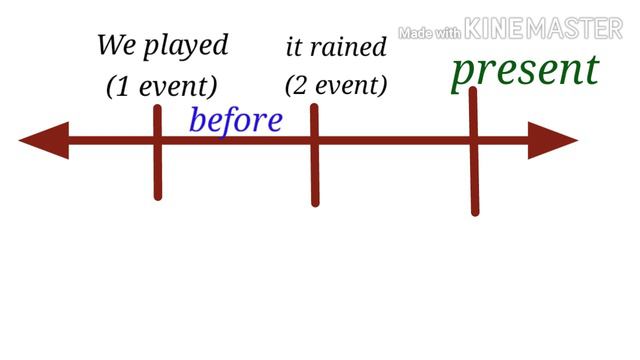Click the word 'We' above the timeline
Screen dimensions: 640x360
116,45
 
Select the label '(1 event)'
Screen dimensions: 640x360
162,87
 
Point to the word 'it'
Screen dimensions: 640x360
294,46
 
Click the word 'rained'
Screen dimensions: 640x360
349,46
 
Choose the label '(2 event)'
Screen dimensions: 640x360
336,85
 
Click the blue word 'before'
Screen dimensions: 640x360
236,120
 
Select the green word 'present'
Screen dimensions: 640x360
525,70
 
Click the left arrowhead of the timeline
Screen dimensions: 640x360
42,140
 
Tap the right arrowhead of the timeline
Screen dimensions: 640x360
554,140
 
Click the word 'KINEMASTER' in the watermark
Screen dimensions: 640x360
544,29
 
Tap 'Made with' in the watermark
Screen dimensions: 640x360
430,33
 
